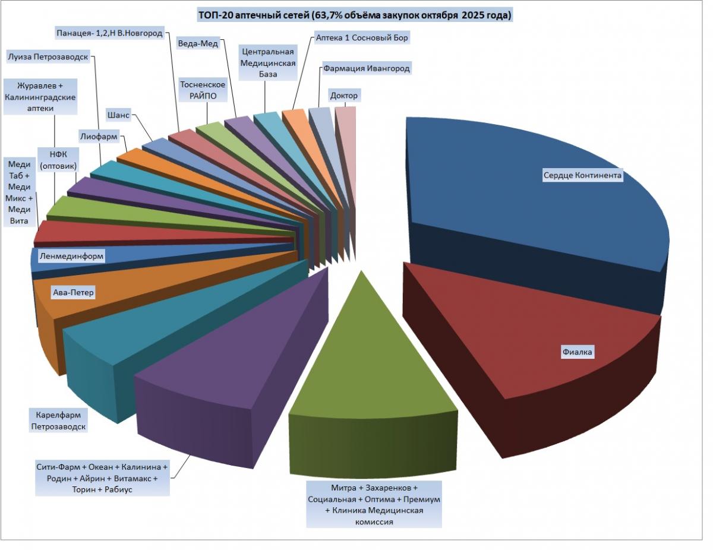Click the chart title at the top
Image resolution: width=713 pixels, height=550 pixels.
(x=355, y=15)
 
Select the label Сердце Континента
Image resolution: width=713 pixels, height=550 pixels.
(x=582, y=175)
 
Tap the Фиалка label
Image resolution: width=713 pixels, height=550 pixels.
(x=578, y=352)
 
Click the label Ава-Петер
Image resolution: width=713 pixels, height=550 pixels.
(x=73, y=293)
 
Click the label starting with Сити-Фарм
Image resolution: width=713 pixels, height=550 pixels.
(x=102, y=478)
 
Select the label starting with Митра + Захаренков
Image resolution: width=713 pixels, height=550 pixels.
(x=374, y=504)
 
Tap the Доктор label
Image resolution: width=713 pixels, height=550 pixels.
(x=344, y=95)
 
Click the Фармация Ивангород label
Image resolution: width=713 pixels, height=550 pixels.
(x=367, y=68)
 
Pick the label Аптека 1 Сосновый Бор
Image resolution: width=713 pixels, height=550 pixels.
(x=362, y=37)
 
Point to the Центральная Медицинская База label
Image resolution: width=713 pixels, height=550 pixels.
(x=267, y=62)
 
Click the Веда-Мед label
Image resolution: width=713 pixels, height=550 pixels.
(x=198, y=43)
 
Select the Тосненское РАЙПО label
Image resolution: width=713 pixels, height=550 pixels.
(x=203, y=90)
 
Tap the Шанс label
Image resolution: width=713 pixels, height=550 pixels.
(x=118, y=115)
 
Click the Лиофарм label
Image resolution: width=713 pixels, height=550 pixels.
(x=99, y=136)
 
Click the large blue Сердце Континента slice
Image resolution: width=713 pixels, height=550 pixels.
(x=535, y=214)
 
